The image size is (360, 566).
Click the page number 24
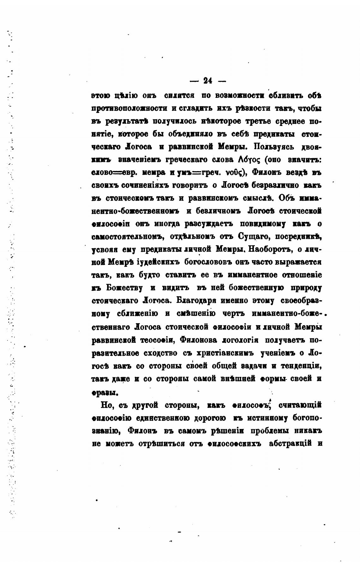point(207,80)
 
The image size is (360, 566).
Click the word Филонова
point(198,340)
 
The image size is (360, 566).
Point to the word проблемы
point(272,431)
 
